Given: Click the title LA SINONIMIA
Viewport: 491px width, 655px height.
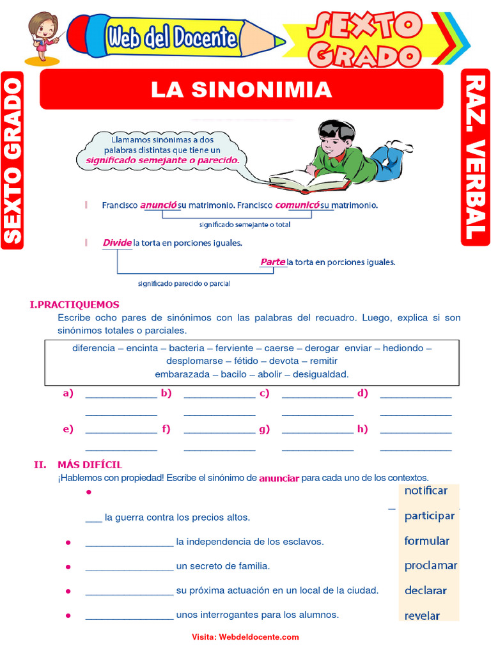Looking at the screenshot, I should (x=241, y=90).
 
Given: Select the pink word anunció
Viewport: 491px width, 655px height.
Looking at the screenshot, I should (x=159, y=205).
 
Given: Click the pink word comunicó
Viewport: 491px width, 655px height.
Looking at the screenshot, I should (x=297, y=205).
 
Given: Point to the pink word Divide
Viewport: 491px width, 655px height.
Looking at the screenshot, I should (x=116, y=243).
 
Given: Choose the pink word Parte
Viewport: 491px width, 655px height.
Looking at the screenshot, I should (x=272, y=262).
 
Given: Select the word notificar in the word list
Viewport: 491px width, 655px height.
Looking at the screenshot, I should (x=426, y=491).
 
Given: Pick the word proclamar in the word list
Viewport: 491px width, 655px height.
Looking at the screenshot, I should (x=430, y=565).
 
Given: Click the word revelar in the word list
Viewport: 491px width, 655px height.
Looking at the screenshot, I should (x=422, y=616).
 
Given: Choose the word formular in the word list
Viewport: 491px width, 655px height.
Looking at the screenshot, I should (x=426, y=541).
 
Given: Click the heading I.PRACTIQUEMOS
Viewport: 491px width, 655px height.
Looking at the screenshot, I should (x=74, y=304).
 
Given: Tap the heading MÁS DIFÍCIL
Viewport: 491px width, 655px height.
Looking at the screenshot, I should (x=90, y=465).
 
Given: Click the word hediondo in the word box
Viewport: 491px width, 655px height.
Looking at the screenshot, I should (x=404, y=348).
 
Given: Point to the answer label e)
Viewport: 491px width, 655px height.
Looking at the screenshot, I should (x=68, y=429).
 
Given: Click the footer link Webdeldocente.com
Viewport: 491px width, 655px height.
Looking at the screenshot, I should (x=259, y=637).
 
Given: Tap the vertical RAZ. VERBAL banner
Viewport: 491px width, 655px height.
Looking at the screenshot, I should (x=475, y=157).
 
